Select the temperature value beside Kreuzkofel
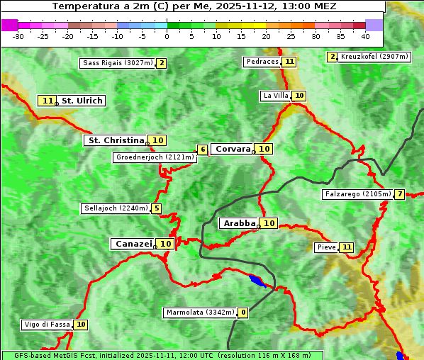[x=332, y=57]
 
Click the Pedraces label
[x=262, y=62]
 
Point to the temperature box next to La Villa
[x=299, y=96]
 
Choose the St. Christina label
[x=115, y=140]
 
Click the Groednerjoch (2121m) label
[x=155, y=157]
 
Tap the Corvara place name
[x=233, y=149]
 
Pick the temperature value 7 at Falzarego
[x=400, y=194]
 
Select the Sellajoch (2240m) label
[x=116, y=208]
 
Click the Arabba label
[x=239, y=223]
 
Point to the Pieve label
[x=326, y=247]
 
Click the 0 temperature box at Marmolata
[x=243, y=313]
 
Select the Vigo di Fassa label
[x=48, y=325]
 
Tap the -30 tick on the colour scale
[x=18, y=35]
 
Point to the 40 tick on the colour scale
[x=365, y=35]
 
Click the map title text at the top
[x=194, y=6]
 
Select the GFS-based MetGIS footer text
[x=162, y=355]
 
